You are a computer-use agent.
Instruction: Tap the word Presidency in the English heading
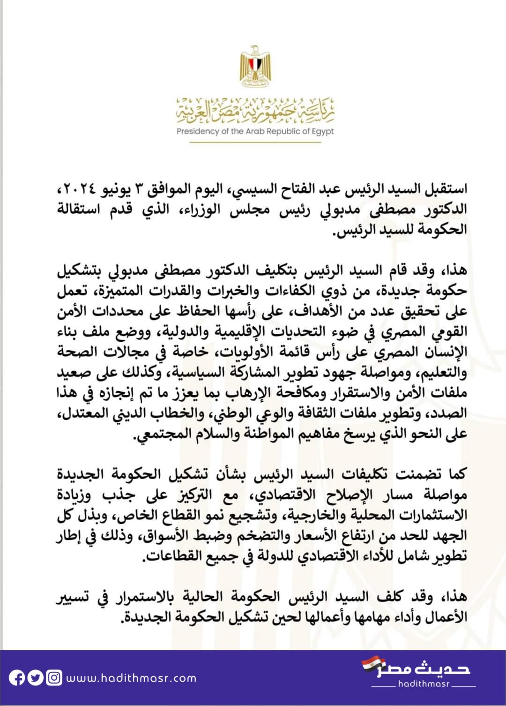pos(198,131)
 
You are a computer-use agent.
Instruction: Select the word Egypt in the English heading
pos(323,131)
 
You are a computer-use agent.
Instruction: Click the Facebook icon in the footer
pos(17,678)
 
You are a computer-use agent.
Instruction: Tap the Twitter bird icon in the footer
pos(35,678)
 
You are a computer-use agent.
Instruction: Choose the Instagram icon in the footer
pos(54,678)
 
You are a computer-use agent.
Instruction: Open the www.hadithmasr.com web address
pos(131,678)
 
